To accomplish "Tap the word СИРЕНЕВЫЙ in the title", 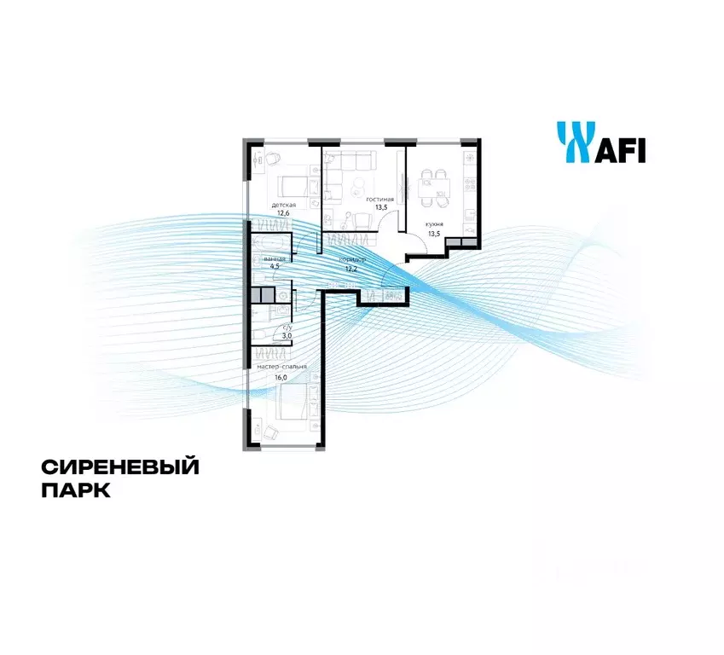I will pos(119,467).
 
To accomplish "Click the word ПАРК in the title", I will pos(76,492).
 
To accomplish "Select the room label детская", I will pos(284,206).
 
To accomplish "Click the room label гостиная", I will pos(380,198).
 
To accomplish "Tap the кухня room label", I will pos(435,223).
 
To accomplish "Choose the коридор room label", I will pos(352,258).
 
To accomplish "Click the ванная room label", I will pos(275,258).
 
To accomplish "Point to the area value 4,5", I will pos(275,266).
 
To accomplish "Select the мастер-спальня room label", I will pos(281,367).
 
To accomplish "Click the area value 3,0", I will pos(288,336).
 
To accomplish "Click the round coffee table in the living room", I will pos(360,185).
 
